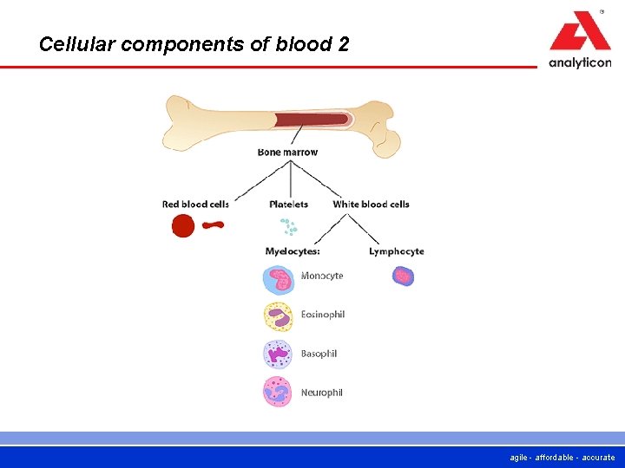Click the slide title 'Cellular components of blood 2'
tap(194, 44)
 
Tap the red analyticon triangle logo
tap(580, 33)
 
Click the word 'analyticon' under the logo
tap(580, 62)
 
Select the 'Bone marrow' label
tap(287, 153)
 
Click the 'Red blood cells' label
tap(195, 205)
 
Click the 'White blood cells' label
tap(371, 205)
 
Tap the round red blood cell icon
tap(182, 227)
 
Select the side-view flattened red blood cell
tap(213, 225)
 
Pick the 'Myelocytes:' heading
tap(293, 251)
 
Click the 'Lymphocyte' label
tap(396, 251)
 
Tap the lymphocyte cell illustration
tap(403, 276)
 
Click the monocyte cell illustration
tap(279, 279)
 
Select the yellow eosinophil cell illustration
tap(279, 316)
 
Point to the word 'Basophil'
tap(319, 354)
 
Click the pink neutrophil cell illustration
tap(279, 392)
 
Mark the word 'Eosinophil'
tap(322, 315)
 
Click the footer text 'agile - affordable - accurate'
tap(563, 458)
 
